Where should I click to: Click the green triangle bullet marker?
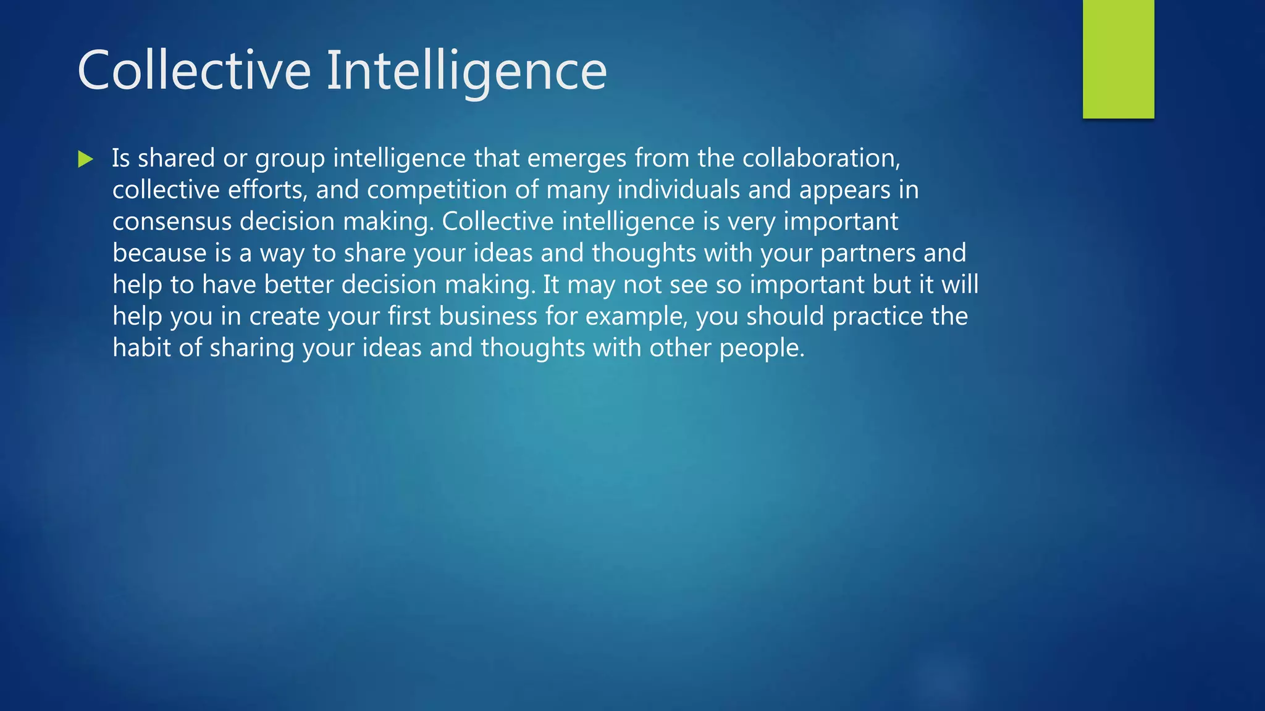[x=85, y=159]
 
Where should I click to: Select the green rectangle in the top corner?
[x=1118, y=59]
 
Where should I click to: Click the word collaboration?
[x=821, y=159]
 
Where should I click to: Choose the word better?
[x=298, y=285]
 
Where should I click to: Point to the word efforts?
[x=267, y=190]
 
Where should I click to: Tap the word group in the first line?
[x=290, y=159]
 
